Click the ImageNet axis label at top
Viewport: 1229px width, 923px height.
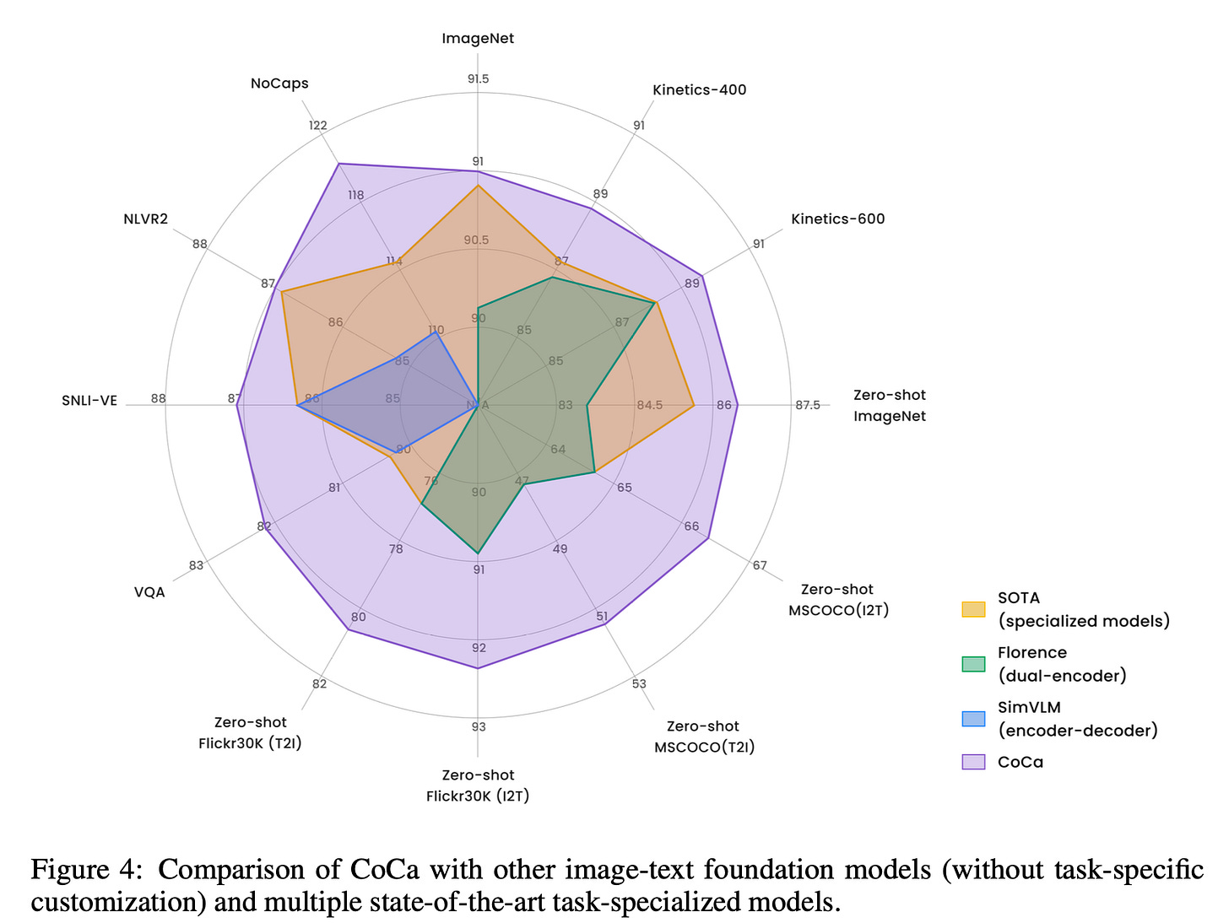pyautogui.click(x=478, y=39)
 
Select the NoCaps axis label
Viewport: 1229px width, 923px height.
pyautogui.click(x=279, y=84)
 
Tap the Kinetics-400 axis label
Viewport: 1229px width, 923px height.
pyautogui.click(x=699, y=90)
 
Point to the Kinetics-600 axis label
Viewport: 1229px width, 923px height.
pyautogui.click(x=837, y=219)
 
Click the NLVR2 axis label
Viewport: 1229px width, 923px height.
pyautogui.click(x=145, y=219)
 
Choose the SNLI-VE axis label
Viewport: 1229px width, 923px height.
pyautogui.click(x=89, y=401)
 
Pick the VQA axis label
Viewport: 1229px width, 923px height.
pyautogui.click(x=149, y=592)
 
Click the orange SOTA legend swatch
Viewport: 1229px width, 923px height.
pyautogui.click(x=973, y=609)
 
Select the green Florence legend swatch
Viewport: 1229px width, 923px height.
pyautogui.click(x=973, y=664)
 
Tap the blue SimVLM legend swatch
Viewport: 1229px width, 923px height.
pyautogui.click(x=973, y=719)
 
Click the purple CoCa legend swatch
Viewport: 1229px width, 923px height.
pyautogui.click(x=973, y=762)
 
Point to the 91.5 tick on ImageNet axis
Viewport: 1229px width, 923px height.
pyautogui.click(x=478, y=79)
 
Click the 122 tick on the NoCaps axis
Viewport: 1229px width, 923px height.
pyautogui.click(x=317, y=126)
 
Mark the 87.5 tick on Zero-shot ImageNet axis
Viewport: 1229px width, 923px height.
pyautogui.click(x=807, y=405)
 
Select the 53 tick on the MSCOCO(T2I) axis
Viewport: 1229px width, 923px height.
pyautogui.click(x=638, y=684)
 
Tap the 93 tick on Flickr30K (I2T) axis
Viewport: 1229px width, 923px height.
pyautogui.click(x=479, y=727)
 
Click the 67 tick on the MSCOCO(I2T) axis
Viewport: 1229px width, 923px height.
pyautogui.click(x=760, y=565)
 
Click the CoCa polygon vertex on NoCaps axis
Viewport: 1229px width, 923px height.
pyautogui.click(x=338, y=164)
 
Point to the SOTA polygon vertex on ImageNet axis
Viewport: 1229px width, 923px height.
pyautogui.click(x=478, y=186)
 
